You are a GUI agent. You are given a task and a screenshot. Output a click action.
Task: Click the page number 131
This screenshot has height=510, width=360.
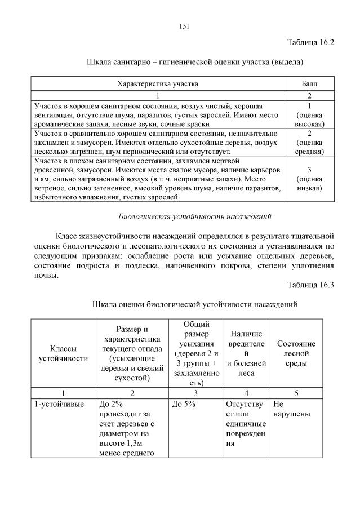pos(184,25)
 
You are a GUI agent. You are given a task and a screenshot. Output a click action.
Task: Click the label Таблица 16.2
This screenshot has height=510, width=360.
pos(311,43)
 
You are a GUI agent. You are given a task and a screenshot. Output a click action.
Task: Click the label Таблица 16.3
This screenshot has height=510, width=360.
pos(311,285)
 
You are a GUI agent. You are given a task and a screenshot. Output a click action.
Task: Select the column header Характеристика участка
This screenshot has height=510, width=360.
pos(157,84)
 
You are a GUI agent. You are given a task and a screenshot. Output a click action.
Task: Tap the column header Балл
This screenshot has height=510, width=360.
pos(310,84)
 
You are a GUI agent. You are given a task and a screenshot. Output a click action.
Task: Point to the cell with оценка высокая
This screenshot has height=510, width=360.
pos(310,114)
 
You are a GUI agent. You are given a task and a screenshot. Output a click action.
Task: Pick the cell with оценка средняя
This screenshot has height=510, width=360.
pos(310,143)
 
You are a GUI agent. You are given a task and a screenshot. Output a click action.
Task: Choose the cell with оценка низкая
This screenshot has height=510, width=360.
pos(310,179)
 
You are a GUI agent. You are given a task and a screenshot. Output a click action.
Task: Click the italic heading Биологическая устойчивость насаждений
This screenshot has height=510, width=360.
pos(195,216)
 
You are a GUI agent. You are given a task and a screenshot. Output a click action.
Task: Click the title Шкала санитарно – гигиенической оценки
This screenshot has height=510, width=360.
pos(195,61)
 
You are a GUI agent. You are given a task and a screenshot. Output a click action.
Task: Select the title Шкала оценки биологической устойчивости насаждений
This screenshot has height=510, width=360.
pos(195,304)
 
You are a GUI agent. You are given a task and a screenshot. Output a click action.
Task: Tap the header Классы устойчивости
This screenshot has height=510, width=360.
pos(63,353)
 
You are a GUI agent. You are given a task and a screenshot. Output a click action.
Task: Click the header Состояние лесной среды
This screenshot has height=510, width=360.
pos(296,353)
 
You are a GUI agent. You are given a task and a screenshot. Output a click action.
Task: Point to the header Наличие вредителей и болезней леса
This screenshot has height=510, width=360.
pos(246,353)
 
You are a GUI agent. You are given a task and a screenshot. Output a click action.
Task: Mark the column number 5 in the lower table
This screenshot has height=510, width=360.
pos(296,393)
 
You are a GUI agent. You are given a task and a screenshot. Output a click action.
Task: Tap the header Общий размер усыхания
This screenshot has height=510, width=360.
pos(195,353)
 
